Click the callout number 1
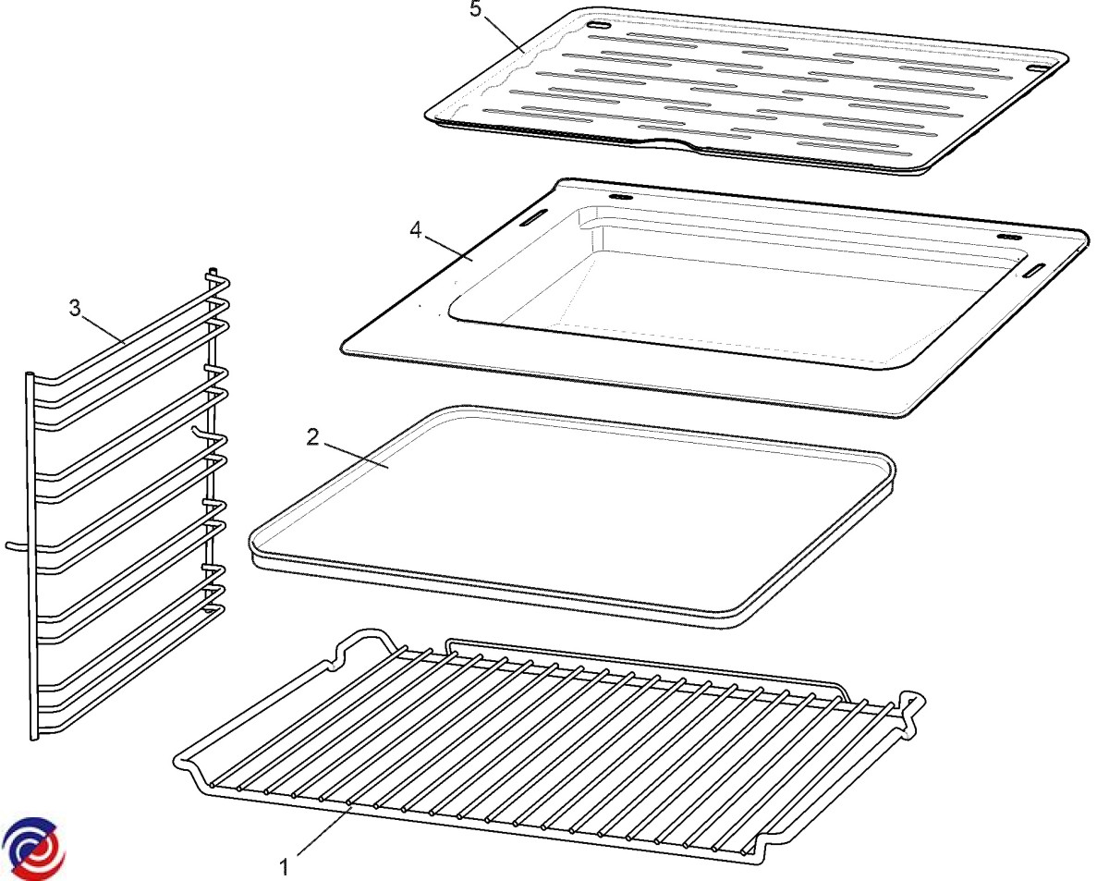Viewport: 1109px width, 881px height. coord(284,867)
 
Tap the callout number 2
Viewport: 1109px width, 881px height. coord(312,438)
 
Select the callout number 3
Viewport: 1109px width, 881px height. coord(75,308)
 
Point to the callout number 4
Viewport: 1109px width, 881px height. coord(416,230)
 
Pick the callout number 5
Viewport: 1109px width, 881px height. coord(476,9)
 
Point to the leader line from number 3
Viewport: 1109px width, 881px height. coord(104,330)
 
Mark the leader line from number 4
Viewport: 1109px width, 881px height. coord(447,247)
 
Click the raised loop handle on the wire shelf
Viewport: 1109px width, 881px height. coord(365,645)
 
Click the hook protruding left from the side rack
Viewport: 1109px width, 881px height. coord(18,546)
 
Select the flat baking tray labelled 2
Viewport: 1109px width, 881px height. coord(572,517)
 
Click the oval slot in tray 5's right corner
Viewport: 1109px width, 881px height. coord(1037,68)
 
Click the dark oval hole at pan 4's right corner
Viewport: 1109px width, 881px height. coord(1009,238)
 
